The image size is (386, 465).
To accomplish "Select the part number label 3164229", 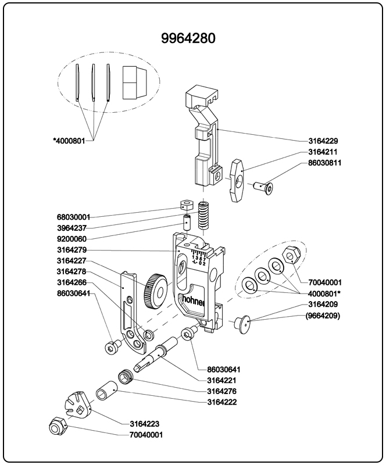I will (x=324, y=141).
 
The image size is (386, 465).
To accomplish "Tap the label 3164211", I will (x=324, y=152).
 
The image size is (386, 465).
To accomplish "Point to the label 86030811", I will (x=325, y=163).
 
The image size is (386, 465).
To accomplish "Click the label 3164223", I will (x=146, y=423).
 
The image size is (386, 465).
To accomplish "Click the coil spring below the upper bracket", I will (x=203, y=217).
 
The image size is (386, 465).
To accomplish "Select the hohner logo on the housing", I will (x=195, y=300).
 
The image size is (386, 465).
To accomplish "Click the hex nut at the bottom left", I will (x=57, y=427).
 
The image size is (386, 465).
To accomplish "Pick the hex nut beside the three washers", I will (x=290, y=255).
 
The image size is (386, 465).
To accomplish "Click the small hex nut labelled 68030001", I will (x=185, y=205).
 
